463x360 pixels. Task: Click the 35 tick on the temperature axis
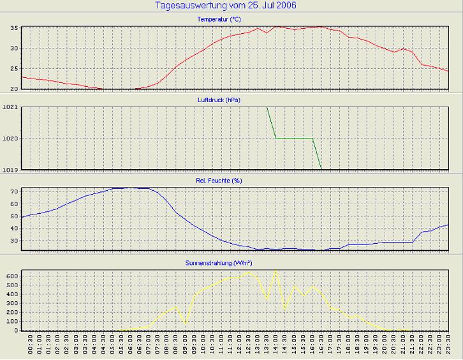[x=14, y=29]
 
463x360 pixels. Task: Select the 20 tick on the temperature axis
[x=14, y=89]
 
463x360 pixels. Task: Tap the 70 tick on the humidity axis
[x=14, y=191]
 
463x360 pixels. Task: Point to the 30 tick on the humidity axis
[x=14, y=241]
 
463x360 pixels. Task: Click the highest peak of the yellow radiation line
[x=276, y=271]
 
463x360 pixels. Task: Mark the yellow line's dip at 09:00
[x=186, y=324]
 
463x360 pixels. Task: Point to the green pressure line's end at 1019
[x=321, y=169]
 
